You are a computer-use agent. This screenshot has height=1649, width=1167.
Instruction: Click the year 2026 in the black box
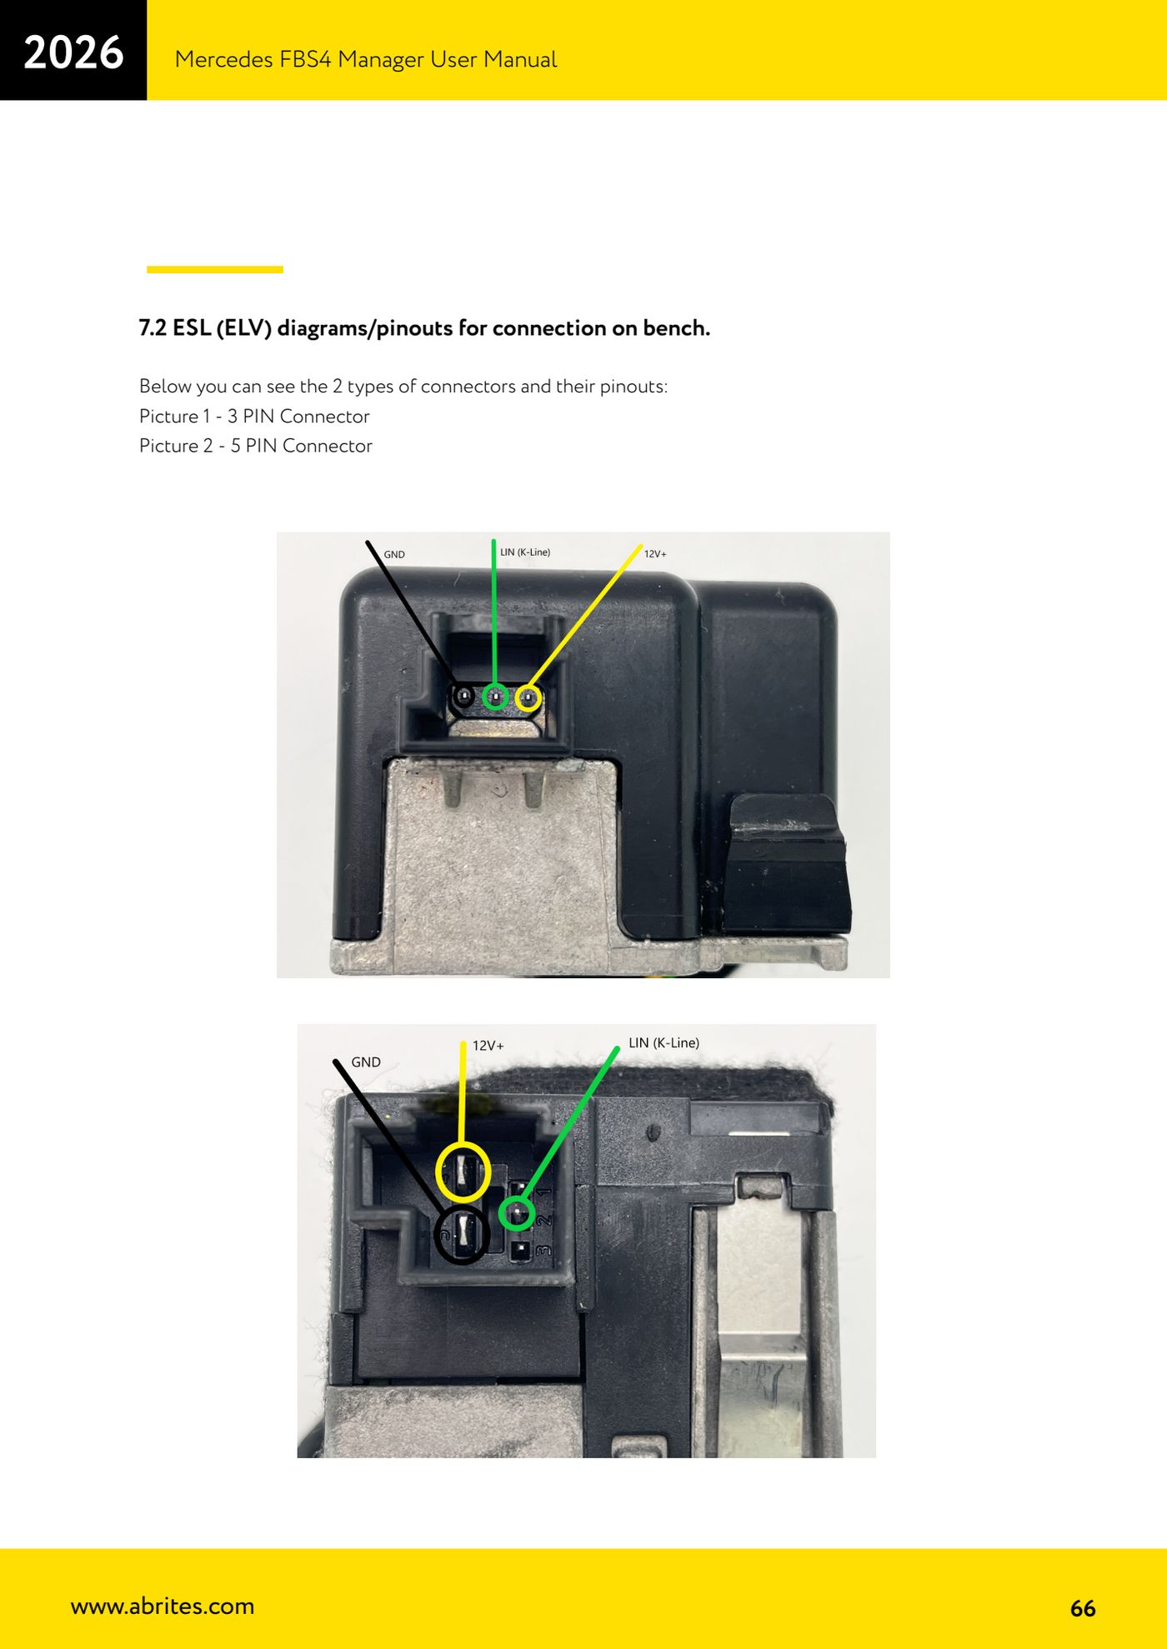(x=73, y=52)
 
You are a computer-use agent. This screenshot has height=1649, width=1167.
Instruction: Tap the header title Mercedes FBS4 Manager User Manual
(x=365, y=59)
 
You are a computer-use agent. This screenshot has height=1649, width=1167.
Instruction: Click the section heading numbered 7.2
(x=424, y=328)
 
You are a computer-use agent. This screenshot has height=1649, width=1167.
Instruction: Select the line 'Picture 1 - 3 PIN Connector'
(x=254, y=416)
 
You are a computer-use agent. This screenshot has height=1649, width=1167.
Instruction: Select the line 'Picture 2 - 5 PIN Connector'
(x=255, y=446)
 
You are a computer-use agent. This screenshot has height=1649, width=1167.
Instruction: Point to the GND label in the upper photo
(x=394, y=554)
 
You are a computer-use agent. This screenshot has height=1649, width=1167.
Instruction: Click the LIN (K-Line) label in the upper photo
(x=525, y=552)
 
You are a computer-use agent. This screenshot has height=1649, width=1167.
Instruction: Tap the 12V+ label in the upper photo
(x=655, y=553)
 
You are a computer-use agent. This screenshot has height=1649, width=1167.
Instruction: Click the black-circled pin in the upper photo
(x=463, y=696)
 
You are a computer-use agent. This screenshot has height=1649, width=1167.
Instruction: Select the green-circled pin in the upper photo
(x=496, y=697)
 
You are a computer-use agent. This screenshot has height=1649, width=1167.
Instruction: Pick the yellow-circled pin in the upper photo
(x=528, y=697)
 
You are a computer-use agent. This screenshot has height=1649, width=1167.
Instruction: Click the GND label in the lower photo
(x=366, y=1062)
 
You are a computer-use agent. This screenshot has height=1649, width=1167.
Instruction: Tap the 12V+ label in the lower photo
(x=488, y=1046)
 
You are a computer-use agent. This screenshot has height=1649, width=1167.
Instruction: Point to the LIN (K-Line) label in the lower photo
(x=664, y=1042)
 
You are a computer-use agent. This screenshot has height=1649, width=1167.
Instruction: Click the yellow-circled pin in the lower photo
(x=463, y=1172)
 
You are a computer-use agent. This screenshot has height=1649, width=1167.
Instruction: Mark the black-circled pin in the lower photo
(x=463, y=1234)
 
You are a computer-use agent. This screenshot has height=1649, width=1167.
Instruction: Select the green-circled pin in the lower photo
(x=517, y=1212)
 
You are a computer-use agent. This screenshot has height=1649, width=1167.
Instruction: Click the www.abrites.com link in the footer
(x=163, y=1606)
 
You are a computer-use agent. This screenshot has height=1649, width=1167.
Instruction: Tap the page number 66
(x=1083, y=1608)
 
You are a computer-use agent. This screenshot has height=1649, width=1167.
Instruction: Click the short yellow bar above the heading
(x=215, y=269)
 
